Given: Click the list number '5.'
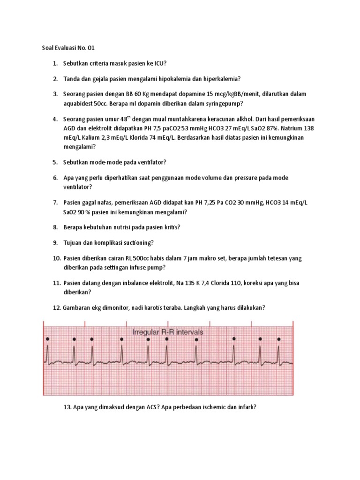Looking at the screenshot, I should pos(55,162).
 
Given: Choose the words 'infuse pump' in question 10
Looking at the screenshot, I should pos(149,267).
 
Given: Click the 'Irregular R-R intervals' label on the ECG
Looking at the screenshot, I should pos(168,332).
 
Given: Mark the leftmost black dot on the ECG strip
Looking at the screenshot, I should pos(47,338).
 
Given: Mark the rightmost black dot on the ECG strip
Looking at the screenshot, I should pos(279,338).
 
